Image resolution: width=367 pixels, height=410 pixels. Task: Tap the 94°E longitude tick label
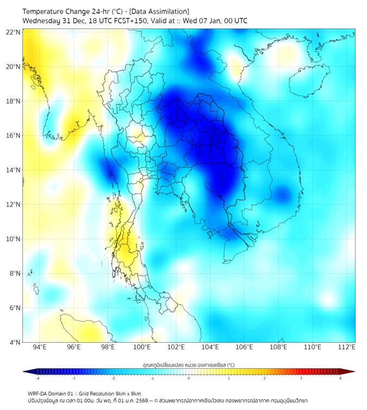pos(40,348)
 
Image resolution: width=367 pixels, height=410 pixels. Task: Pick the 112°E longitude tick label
pos(347,348)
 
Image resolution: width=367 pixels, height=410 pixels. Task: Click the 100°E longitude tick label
pos(142,348)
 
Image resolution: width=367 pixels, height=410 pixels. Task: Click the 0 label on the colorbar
pos(189,378)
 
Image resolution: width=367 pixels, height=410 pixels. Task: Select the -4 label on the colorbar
pos(37,378)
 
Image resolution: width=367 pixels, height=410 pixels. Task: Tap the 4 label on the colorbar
pos(340,378)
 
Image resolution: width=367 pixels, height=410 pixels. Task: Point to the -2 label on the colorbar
pos(113,378)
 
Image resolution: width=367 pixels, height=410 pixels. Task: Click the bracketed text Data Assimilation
pos(160,11)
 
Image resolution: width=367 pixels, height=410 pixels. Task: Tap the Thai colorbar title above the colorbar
pos(188,365)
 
